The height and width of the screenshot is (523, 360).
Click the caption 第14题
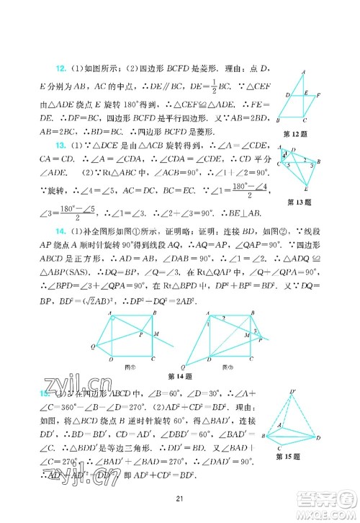(176, 375)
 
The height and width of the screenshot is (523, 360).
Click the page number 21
(181, 499)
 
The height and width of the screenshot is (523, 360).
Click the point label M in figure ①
(158, 334)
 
